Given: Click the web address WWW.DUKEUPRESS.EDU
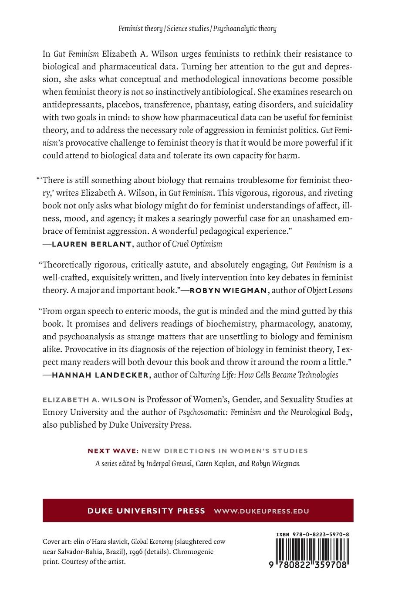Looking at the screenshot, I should click(x=261, y=511).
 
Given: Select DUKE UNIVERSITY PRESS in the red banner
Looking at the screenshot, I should click(x=128, y=511).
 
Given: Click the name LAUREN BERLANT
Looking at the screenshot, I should click(x=91, y=244).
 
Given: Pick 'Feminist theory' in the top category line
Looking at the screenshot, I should click(x=141, y=29).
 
